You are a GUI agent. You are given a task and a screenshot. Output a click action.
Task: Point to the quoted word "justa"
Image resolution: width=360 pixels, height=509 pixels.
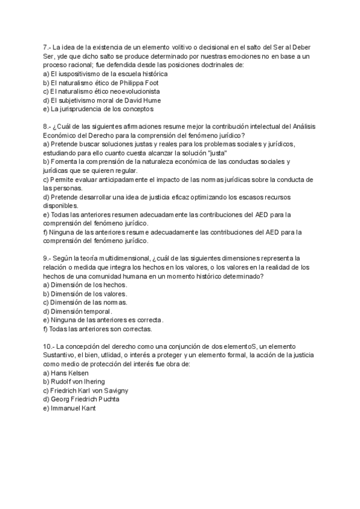click(215, 152)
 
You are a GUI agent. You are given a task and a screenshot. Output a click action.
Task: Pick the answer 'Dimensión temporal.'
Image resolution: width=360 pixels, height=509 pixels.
click(82, 311)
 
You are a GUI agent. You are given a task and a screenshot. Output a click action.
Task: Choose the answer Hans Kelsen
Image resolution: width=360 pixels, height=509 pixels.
click(71, 373)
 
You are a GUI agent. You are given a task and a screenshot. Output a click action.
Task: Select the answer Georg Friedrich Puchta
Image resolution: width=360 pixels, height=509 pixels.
click(85, 399)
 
